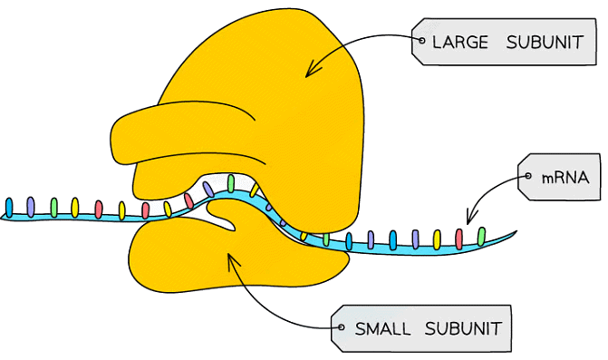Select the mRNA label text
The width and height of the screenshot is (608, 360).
click(565, 178)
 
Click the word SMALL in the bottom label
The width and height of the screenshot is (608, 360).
click(381, 327)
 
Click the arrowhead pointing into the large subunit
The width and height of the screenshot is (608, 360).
click(309, 73)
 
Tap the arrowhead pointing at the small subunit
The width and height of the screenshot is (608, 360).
click(232, 258)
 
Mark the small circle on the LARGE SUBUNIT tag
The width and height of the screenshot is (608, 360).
click(421, 42)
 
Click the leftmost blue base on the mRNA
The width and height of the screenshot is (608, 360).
click(9, 208)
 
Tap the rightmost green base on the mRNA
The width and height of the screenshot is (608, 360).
click(482, 238)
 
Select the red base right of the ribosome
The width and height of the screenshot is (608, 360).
click(459, 238)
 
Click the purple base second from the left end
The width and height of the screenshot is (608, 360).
click(32, 207)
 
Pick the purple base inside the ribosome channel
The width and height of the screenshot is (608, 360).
click(209, 190)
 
